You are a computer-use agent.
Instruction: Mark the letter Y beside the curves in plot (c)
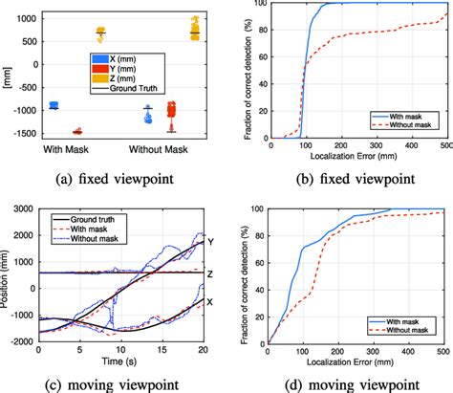(211, 243)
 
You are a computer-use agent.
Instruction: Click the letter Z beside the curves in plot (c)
(211, 273)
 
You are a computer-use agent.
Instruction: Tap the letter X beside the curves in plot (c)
(211, 300)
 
